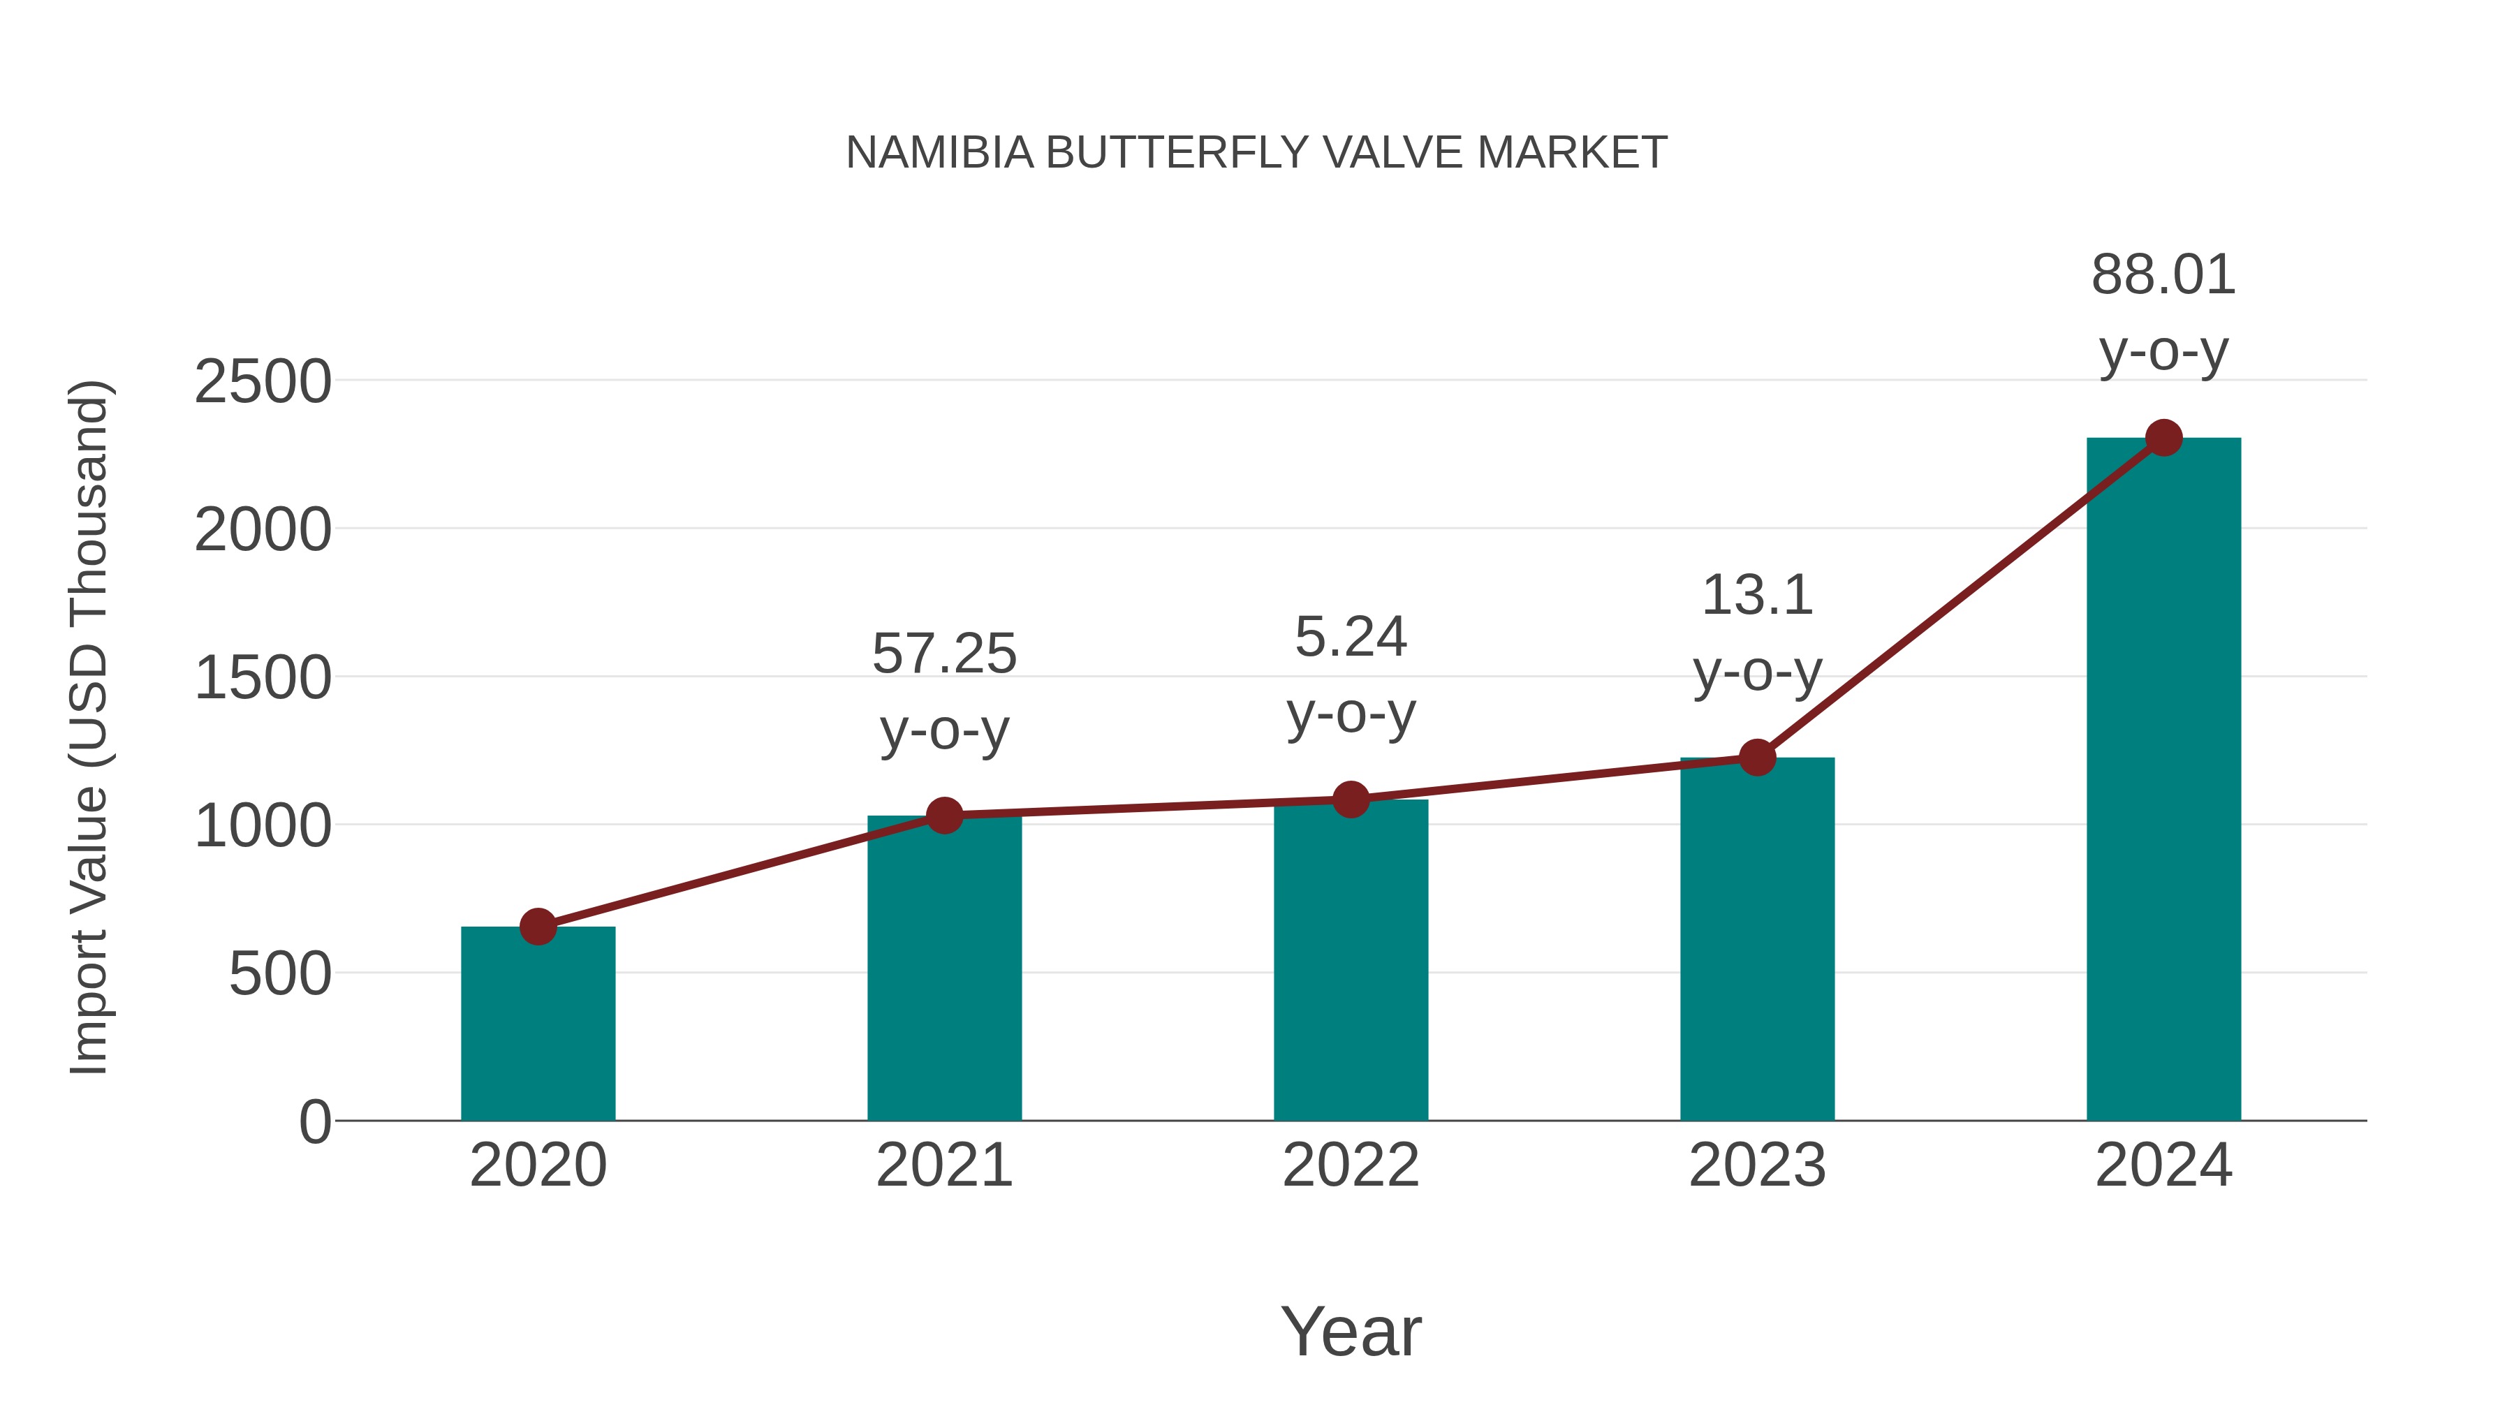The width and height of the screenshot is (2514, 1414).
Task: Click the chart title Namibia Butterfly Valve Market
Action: [x=1256, y=153]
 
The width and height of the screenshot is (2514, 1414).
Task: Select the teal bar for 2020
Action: [x=538, y=1024]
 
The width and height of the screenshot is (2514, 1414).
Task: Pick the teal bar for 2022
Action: [x=1351, y=962]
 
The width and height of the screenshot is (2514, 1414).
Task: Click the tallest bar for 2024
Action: [x=2163, y=781]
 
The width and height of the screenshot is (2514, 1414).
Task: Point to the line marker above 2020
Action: [x=538, y=926]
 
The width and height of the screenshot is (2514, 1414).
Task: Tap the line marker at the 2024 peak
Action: [x=2163, y=438]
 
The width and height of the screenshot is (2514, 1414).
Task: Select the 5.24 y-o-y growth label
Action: [x=1351, y=675]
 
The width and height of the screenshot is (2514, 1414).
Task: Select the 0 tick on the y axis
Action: [x=314, y=1122]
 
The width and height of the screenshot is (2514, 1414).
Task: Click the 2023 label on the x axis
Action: [x=1757, y=1165]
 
